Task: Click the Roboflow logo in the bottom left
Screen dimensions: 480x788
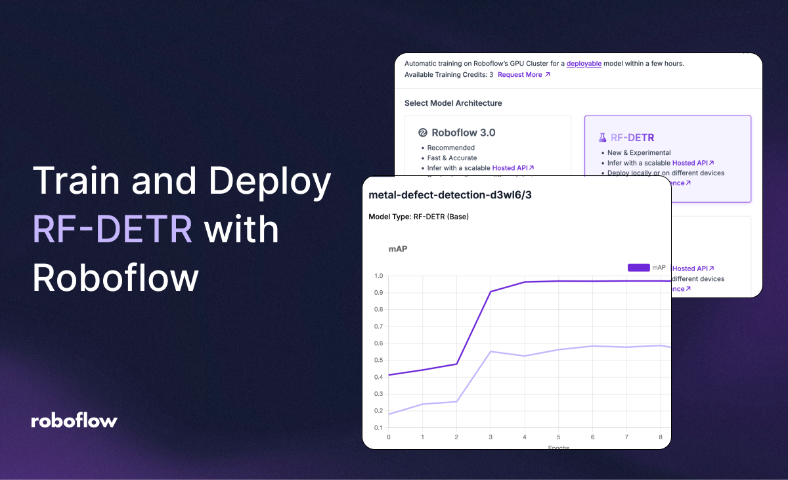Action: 74,421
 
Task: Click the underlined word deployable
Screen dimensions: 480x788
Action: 584,64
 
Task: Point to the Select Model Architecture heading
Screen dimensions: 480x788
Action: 453,103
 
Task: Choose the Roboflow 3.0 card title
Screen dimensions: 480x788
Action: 463,133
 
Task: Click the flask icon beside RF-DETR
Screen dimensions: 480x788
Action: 602,138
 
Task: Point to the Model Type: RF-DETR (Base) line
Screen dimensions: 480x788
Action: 418,217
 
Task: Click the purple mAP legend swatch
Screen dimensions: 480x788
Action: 638,268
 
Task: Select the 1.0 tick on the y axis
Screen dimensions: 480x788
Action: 378,276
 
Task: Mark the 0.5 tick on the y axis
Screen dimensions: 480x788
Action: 378,360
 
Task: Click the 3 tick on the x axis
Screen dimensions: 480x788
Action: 491,437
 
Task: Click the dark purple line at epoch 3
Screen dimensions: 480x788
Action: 491,292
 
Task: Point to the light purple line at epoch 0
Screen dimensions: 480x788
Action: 389,414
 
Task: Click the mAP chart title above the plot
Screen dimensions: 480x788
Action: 398,249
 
